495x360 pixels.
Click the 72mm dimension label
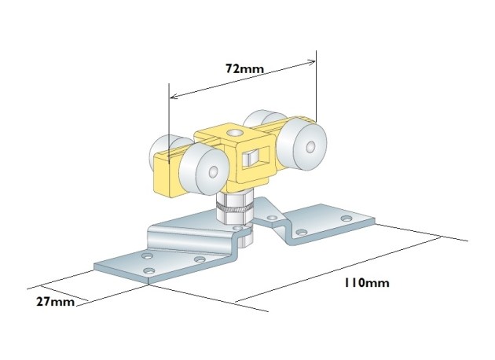(x=244, y=68)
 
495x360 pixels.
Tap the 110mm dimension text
(x=366, y=282)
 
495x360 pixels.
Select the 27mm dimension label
(x=56, y=302)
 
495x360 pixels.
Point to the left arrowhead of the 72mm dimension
(x=173, y=97)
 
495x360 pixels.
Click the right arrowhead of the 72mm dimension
(x=312, y=62)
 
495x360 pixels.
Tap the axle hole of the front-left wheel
(x=213, y=171)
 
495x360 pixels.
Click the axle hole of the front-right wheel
(x=310, y=146)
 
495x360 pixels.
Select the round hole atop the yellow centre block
(x=234, y=134)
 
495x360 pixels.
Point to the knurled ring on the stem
(x=234, y=208)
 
